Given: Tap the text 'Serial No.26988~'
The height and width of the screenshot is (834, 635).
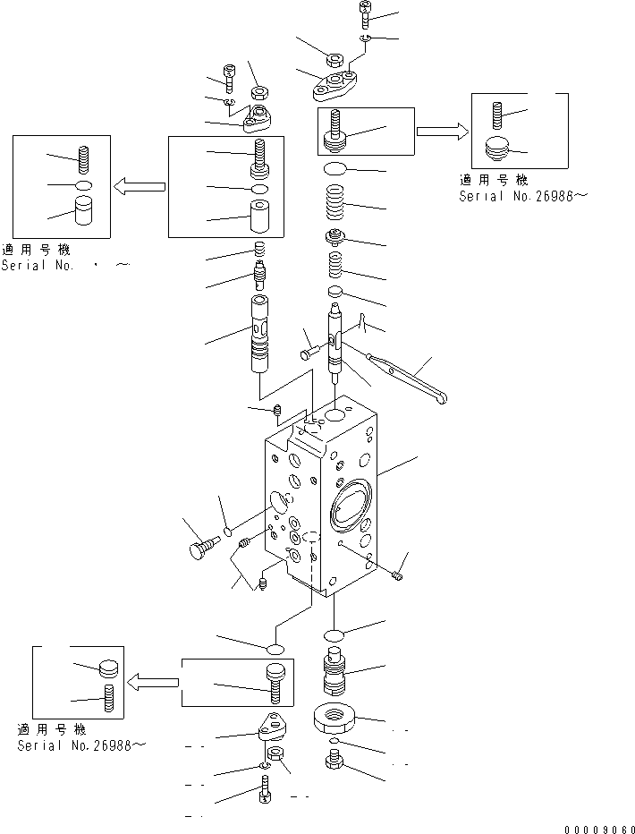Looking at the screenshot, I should pyautogui.click(x=80, y=745).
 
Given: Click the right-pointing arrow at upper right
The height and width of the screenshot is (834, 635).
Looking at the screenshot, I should pyautogui.click(x=442, y=132).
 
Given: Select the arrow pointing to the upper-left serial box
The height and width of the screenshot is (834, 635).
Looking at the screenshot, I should pyautogui.click(x=140, y=186).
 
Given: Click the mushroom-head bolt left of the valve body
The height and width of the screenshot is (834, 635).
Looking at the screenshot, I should pyautogui.click(x=203, y=546).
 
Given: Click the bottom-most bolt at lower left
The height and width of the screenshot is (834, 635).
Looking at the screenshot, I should pyautogui.click(x=265, y=792).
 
